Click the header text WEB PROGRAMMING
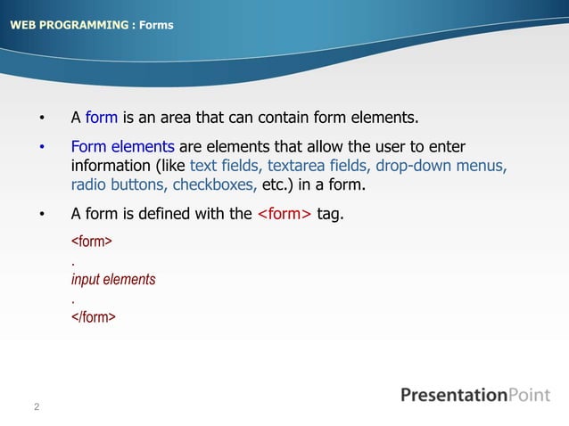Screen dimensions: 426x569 click(x=69, y=24)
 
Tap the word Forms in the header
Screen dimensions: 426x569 click(x=156, y=24)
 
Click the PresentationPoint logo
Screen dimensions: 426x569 click(x=474, y=395)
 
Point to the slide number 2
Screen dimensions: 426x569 click(x=37, y=408)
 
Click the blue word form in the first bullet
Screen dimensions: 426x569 click(x=102, y=117)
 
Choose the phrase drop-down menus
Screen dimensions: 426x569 click(x=441, y=167)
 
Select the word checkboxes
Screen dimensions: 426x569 click(x=214, y=186)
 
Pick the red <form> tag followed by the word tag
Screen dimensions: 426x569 click(x=284, y=214)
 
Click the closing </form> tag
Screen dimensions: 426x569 click(x=93, y=316)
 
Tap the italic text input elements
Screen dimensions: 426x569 click(x=113, y=279)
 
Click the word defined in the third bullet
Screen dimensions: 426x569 click(x=194, y=214)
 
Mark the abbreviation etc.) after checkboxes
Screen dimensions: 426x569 click(x=280, y=186)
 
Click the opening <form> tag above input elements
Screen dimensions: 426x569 click(x=90, y=242)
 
